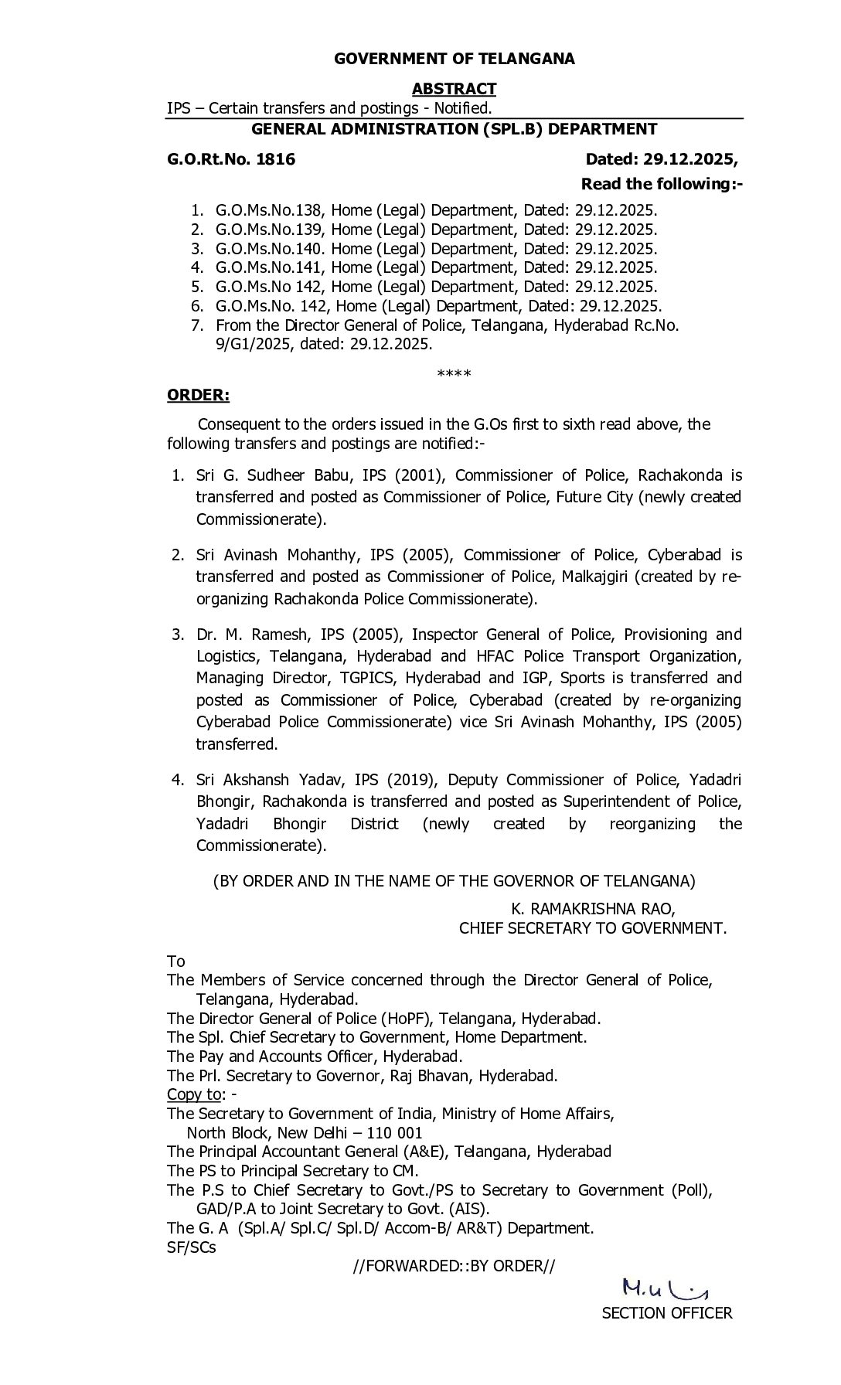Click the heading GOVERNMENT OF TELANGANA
[454, 59]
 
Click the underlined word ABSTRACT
[454, 89]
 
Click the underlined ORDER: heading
[199, 395]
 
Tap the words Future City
[594, 496]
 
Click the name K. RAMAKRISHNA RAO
[593, 909]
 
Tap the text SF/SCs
[192, 1247]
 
